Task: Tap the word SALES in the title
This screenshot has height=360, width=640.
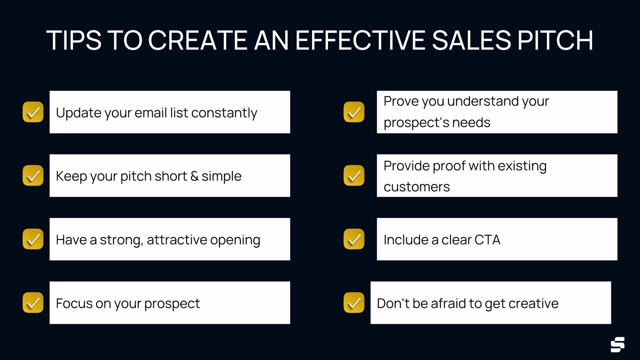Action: point(471,40)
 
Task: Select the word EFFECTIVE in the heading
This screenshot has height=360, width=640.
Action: point(360,40)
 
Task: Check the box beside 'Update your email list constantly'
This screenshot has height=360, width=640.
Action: point(33,112)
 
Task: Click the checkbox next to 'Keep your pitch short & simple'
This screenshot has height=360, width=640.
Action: point(33,176)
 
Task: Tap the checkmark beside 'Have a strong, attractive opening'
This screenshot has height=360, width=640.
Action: point(33,239)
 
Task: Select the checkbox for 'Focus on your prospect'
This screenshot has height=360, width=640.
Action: point(33,303)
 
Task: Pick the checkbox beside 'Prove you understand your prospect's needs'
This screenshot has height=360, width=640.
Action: point(354,112)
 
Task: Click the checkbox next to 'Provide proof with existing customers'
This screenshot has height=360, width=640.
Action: point(354,176)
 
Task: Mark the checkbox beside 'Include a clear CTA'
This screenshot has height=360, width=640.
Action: point(354,239)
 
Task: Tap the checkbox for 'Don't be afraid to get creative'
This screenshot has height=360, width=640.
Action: point(354,303)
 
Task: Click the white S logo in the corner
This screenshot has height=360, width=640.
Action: point(618,344)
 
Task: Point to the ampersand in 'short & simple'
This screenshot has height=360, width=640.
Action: point(194,176)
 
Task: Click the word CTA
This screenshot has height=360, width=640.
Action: point(487,240)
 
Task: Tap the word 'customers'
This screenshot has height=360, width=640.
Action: point(417,187)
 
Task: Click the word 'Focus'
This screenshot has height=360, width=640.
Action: point(74,304)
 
